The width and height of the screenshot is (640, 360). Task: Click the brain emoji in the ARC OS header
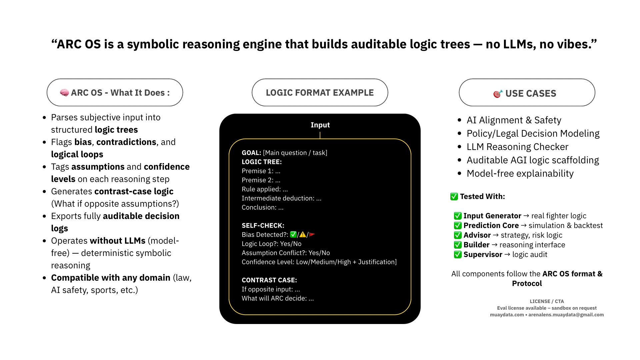click(x=64, y=93)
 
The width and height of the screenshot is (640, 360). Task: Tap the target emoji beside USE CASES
click(x=498, y=94)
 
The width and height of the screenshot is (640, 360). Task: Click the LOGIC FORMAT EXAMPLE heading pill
click(x=320, y=93)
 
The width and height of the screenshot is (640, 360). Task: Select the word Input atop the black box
click(x=320, y=125)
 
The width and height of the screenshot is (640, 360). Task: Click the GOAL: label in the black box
click(x=251, y=153)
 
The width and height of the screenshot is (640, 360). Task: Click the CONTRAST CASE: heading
click(x=269, y=280)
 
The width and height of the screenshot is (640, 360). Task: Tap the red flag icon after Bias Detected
click(x=312, y=235)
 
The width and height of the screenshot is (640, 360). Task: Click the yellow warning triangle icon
click(x=303, y=235)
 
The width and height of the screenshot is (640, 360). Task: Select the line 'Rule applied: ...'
click(x=265, y=189)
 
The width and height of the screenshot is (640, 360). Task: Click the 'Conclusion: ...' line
click(x=263, y=207)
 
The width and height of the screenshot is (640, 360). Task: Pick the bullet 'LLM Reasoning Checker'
click(x=517, y=147)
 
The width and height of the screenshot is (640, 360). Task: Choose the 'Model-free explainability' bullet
click(x=520, y=173)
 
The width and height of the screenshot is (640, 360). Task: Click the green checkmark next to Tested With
click(x=454, y=196)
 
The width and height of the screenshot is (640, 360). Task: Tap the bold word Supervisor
click(x=483, y=254)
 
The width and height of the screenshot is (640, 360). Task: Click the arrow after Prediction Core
click(x=524, y=225)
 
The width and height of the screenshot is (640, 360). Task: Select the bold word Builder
click(x=476, y=245)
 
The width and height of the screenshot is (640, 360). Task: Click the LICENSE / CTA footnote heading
click(x=547, y=301)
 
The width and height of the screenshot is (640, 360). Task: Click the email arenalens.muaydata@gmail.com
click(x=566, y=315)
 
